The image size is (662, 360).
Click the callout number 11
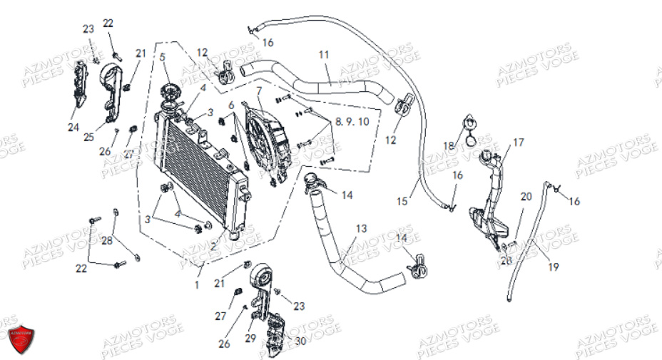pyautogui.click(x=324, y=54)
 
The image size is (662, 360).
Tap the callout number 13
pyautogui.click(x=362, y=228)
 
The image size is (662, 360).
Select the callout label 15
pyautogui.click(x=402, y=202)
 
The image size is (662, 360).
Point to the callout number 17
pyautogui.click(x=518, y=143)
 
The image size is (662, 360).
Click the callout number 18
pyautogui.click(x=448, y=146)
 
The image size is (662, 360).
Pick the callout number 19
pyautogui.click(x=554, y=267)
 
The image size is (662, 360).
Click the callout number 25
pyautogui.click(x=89, y=137)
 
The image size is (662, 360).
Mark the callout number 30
pyautogui.click(x=300, y=341)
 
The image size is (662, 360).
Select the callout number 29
pyautogui.click(x=250, y=337)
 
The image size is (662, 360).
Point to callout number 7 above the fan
pyautogui.click(x=259, y=91)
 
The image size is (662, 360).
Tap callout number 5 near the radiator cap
pyautogui.click(x=163, y=57)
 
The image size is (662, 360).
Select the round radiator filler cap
pyautogui.click(x=172, y=93)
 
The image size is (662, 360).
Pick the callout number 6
pyautogui.click(x=231, y=106)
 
